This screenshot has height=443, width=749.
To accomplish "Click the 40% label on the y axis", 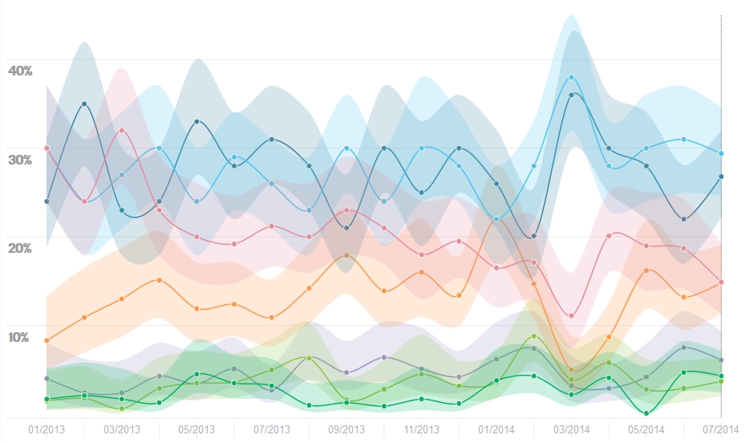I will pos(20,71).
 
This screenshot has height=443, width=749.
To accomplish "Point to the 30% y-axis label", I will pos(20,160).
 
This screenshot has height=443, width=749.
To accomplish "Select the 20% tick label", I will pos(20,249).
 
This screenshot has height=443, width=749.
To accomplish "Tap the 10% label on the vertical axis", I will pos(20,337).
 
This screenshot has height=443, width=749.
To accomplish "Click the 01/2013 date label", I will pos(47,429).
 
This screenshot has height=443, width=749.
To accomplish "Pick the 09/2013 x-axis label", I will pos(346,429).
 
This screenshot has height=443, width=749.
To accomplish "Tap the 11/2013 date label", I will pos(421,429).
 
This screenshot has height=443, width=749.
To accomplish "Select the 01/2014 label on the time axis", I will pos(496,429).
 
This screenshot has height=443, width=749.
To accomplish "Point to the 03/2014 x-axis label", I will pos(571,429).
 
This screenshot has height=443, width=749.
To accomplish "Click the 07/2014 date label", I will pos(721,429).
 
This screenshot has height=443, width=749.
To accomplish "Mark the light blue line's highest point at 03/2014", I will pos(572,77).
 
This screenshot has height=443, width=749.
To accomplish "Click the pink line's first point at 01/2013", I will pos(47,148).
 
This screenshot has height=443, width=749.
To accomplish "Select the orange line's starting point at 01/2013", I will pos(47,340).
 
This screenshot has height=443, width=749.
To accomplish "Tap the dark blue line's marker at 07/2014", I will pos(722,177).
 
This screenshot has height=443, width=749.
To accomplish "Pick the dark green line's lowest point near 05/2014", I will pos(646,413).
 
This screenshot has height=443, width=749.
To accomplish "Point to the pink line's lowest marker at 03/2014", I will pos(572,315).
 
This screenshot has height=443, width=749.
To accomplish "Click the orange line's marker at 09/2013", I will pos(346,255).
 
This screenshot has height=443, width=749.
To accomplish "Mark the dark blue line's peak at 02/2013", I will pos(84,104).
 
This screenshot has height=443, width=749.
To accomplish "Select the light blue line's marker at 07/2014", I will pos(722,153).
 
